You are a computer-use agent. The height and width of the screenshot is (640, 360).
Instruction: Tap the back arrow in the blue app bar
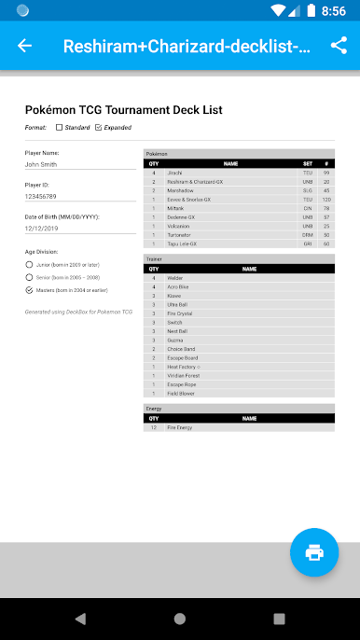pos(24,46)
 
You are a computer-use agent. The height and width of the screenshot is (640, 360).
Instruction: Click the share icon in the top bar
pos(338,46)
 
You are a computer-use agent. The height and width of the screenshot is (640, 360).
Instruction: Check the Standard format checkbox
pos(60,127)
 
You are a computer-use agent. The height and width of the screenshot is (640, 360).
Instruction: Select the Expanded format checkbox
pos(99,127)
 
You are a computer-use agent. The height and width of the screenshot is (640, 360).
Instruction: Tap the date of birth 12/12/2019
pos(42,228)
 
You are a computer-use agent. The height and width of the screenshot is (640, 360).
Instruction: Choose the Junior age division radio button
pos(29,265)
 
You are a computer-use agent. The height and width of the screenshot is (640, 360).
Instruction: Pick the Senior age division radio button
pos(29,277)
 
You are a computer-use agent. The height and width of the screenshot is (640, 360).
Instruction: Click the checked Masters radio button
pos(29,290)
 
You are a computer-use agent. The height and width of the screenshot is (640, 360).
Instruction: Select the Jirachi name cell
pos(175,173)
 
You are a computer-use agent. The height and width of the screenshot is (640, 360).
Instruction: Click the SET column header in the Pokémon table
pos(307,163)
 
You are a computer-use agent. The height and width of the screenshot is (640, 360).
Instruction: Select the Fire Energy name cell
pos(180,427)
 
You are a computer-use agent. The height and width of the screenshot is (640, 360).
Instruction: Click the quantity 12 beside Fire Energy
pos(154,427)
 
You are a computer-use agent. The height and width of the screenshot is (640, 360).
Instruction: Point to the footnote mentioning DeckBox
pos(78,312)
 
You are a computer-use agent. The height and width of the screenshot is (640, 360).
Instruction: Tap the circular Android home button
pos(179,619)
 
